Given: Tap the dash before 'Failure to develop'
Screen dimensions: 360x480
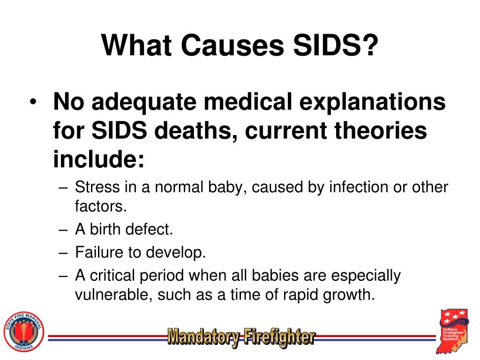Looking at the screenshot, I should tap(64, 253).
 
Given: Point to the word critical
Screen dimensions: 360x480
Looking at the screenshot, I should tap(113, 277).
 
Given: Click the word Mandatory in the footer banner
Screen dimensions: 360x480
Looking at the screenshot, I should tap(204, 337).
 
